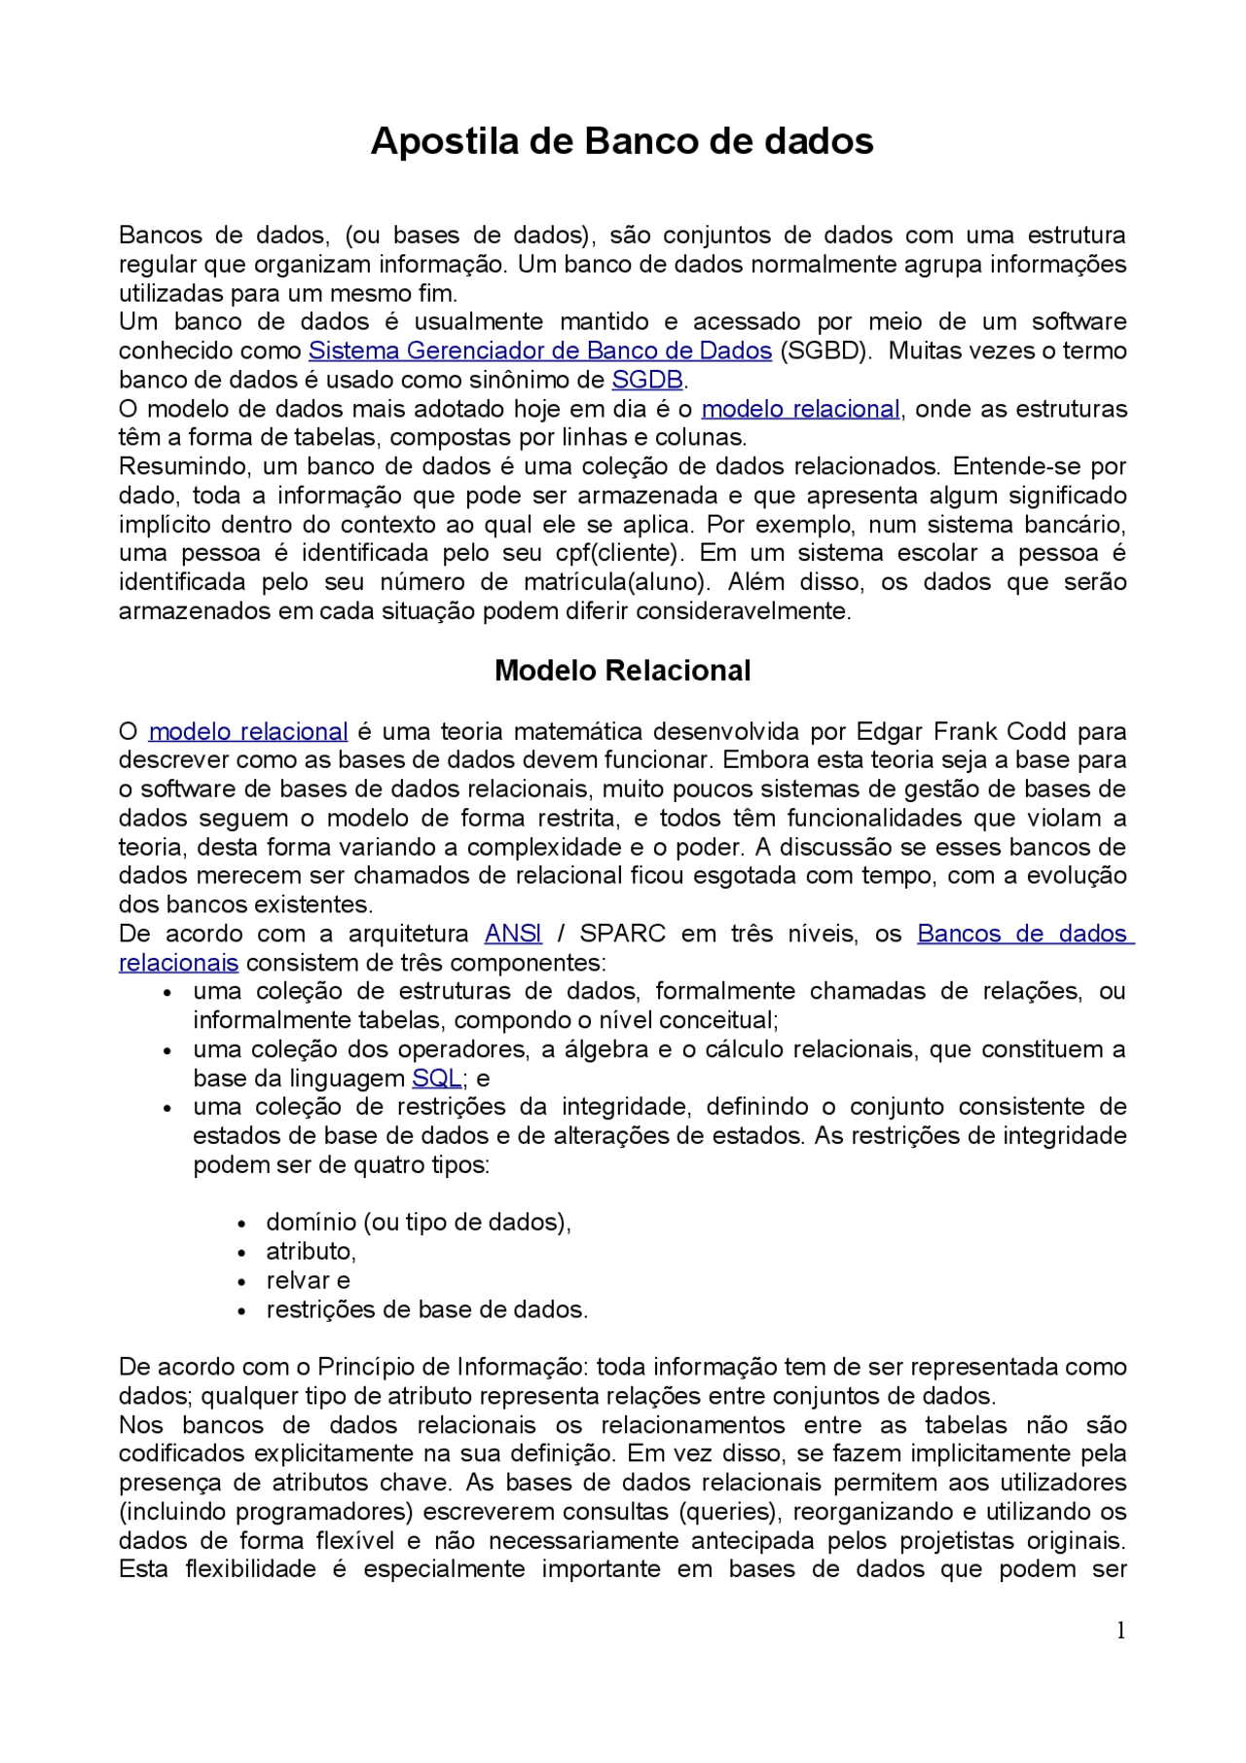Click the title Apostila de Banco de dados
(x=622, y=141)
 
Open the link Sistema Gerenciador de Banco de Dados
(x=540, y=350)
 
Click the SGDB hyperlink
(x=647, y=380)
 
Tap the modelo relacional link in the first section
(x=800, y=409)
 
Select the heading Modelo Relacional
(x=622, y=671)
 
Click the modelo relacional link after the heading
(x=248, y=731)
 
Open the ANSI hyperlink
(x=513, y=934)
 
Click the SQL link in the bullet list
(x=436, y=1079)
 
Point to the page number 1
(x=1120, y=1631)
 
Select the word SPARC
(x=622, y=934)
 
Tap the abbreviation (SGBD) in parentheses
(x=825, y=350)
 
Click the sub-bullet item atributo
(x=311, y=1252)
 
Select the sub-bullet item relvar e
(x=308, y=1281)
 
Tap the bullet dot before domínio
(x=242, y=1225)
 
